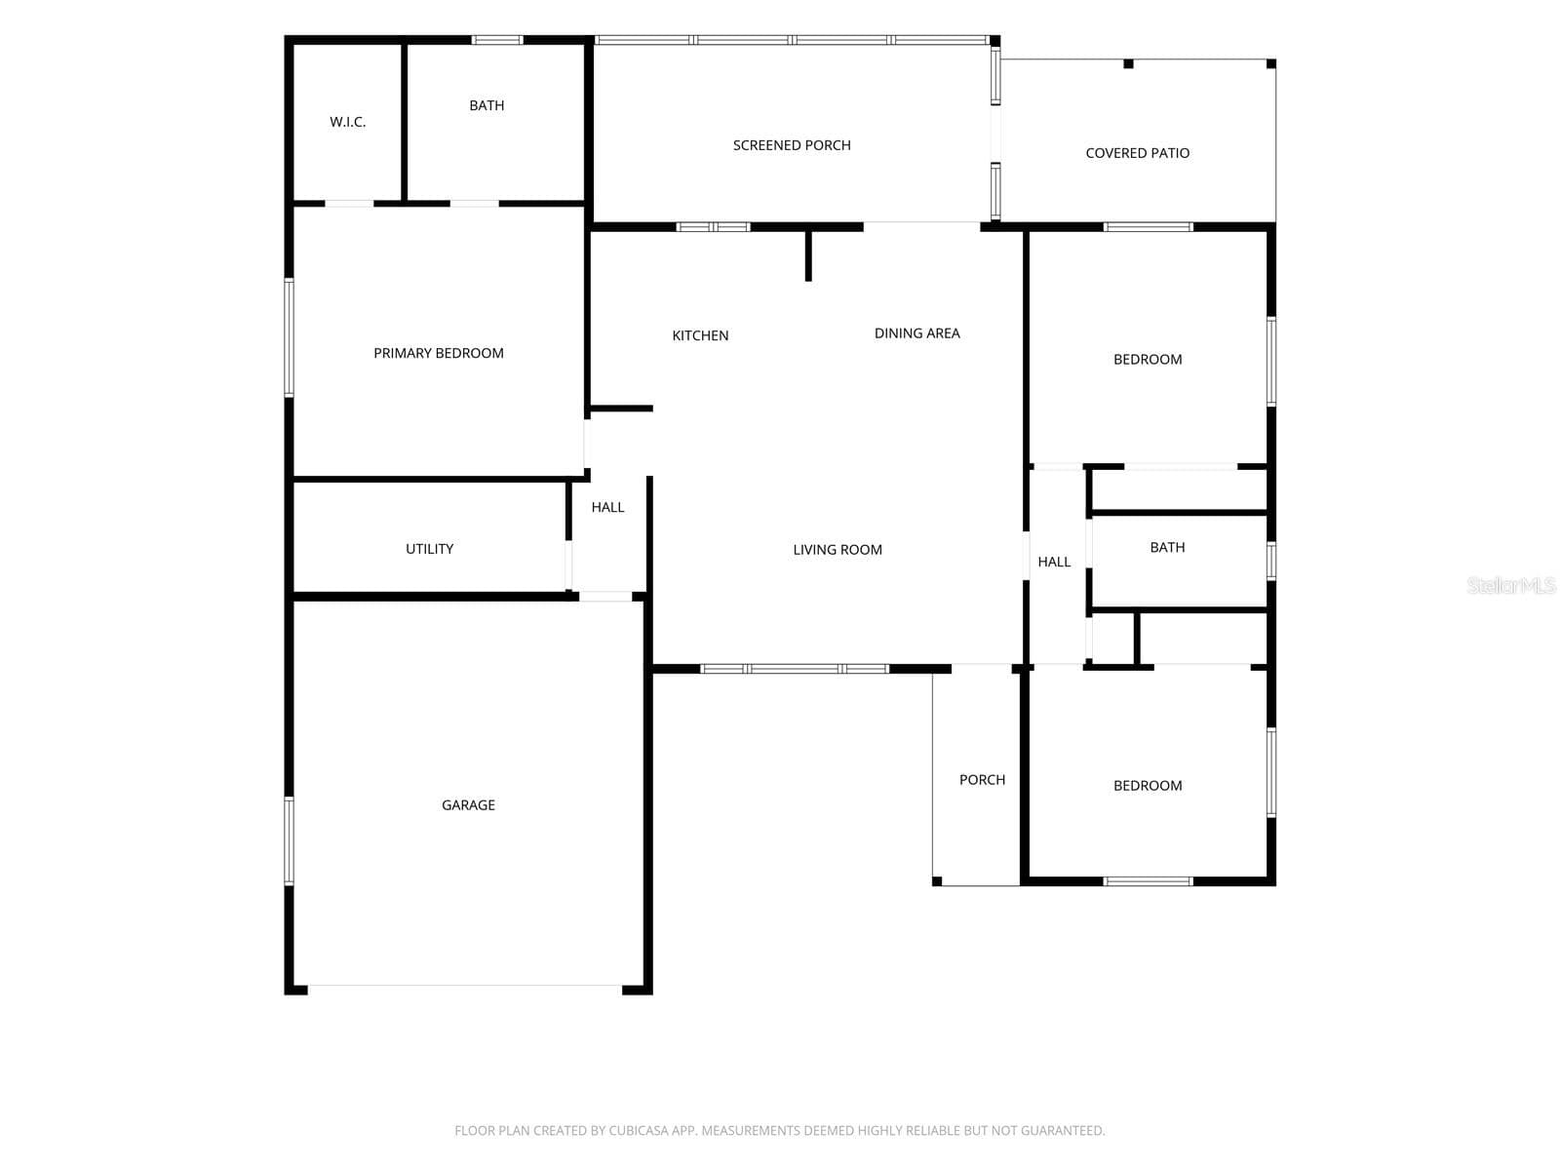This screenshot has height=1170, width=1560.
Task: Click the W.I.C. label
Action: pos(347,122)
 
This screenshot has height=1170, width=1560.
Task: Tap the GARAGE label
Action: pos(468,805)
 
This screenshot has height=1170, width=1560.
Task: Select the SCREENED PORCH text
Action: pos(792,145)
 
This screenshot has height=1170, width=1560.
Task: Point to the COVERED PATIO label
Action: pos(1137,153)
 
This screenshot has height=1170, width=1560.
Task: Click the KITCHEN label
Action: pos(700,336)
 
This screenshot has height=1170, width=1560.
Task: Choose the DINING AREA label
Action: pos(916,333)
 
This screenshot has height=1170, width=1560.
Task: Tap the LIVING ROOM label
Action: pos(838,550)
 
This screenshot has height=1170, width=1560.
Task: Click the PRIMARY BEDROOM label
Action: pos(439,353)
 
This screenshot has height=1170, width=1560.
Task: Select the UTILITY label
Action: pos(429,549)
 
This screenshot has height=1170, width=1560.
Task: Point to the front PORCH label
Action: pos(982,780)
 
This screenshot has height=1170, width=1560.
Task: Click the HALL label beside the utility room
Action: pos(607,507)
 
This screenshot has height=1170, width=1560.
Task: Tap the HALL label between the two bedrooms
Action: pos(1054,562)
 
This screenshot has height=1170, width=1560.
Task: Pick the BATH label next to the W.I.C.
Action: pos(487,106)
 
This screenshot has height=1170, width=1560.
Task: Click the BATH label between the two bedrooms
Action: pos(1167,547)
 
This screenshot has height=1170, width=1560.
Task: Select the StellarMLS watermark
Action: pos(1511,585)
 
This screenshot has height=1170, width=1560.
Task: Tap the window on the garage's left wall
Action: pos(290,840)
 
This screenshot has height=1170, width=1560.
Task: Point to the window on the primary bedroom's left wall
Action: pos(290,337)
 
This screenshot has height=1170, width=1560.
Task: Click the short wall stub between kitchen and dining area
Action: pos(808,255)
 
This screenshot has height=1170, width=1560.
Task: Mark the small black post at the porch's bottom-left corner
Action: pos(937,881)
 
